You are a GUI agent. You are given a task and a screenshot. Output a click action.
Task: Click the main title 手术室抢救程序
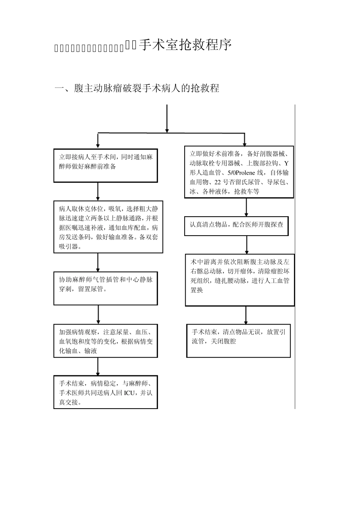click(x=185, y=45)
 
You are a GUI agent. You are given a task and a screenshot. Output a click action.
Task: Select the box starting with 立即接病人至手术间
click(x=105, y=165)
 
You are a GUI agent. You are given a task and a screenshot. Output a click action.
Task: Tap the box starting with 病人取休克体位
click(x=108, y=226)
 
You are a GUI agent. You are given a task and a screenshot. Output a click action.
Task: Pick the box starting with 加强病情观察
click(x=105, y=340)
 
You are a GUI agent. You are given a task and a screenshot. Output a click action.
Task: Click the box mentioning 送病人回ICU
click(x=105, y=392)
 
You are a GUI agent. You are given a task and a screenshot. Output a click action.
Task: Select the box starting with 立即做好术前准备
click(x=239, y=172)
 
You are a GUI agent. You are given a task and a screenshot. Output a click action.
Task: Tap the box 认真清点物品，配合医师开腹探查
click(x=236, y=225)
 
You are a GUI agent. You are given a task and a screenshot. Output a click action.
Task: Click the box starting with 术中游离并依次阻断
click(x=239, y=280)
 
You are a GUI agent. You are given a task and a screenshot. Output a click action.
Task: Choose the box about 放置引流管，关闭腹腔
click(x=238, y=340)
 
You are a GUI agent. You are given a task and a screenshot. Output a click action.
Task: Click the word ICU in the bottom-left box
click(x=129, y=393)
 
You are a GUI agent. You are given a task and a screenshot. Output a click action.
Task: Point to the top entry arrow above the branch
click(x=167, y=118)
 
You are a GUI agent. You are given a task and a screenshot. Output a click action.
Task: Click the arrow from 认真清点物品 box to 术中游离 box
click(x=247, y=245)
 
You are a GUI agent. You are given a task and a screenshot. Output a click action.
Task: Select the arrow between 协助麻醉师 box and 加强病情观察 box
click(x=98, y=314)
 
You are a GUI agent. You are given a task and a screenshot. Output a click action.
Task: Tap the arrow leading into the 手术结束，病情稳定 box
click(x=98, y=366)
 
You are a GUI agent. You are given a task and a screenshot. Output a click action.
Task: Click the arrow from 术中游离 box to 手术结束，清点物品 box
click(x=246, y=315)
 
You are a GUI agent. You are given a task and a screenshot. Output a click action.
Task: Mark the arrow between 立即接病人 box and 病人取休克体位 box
click(x=98, y=191)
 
